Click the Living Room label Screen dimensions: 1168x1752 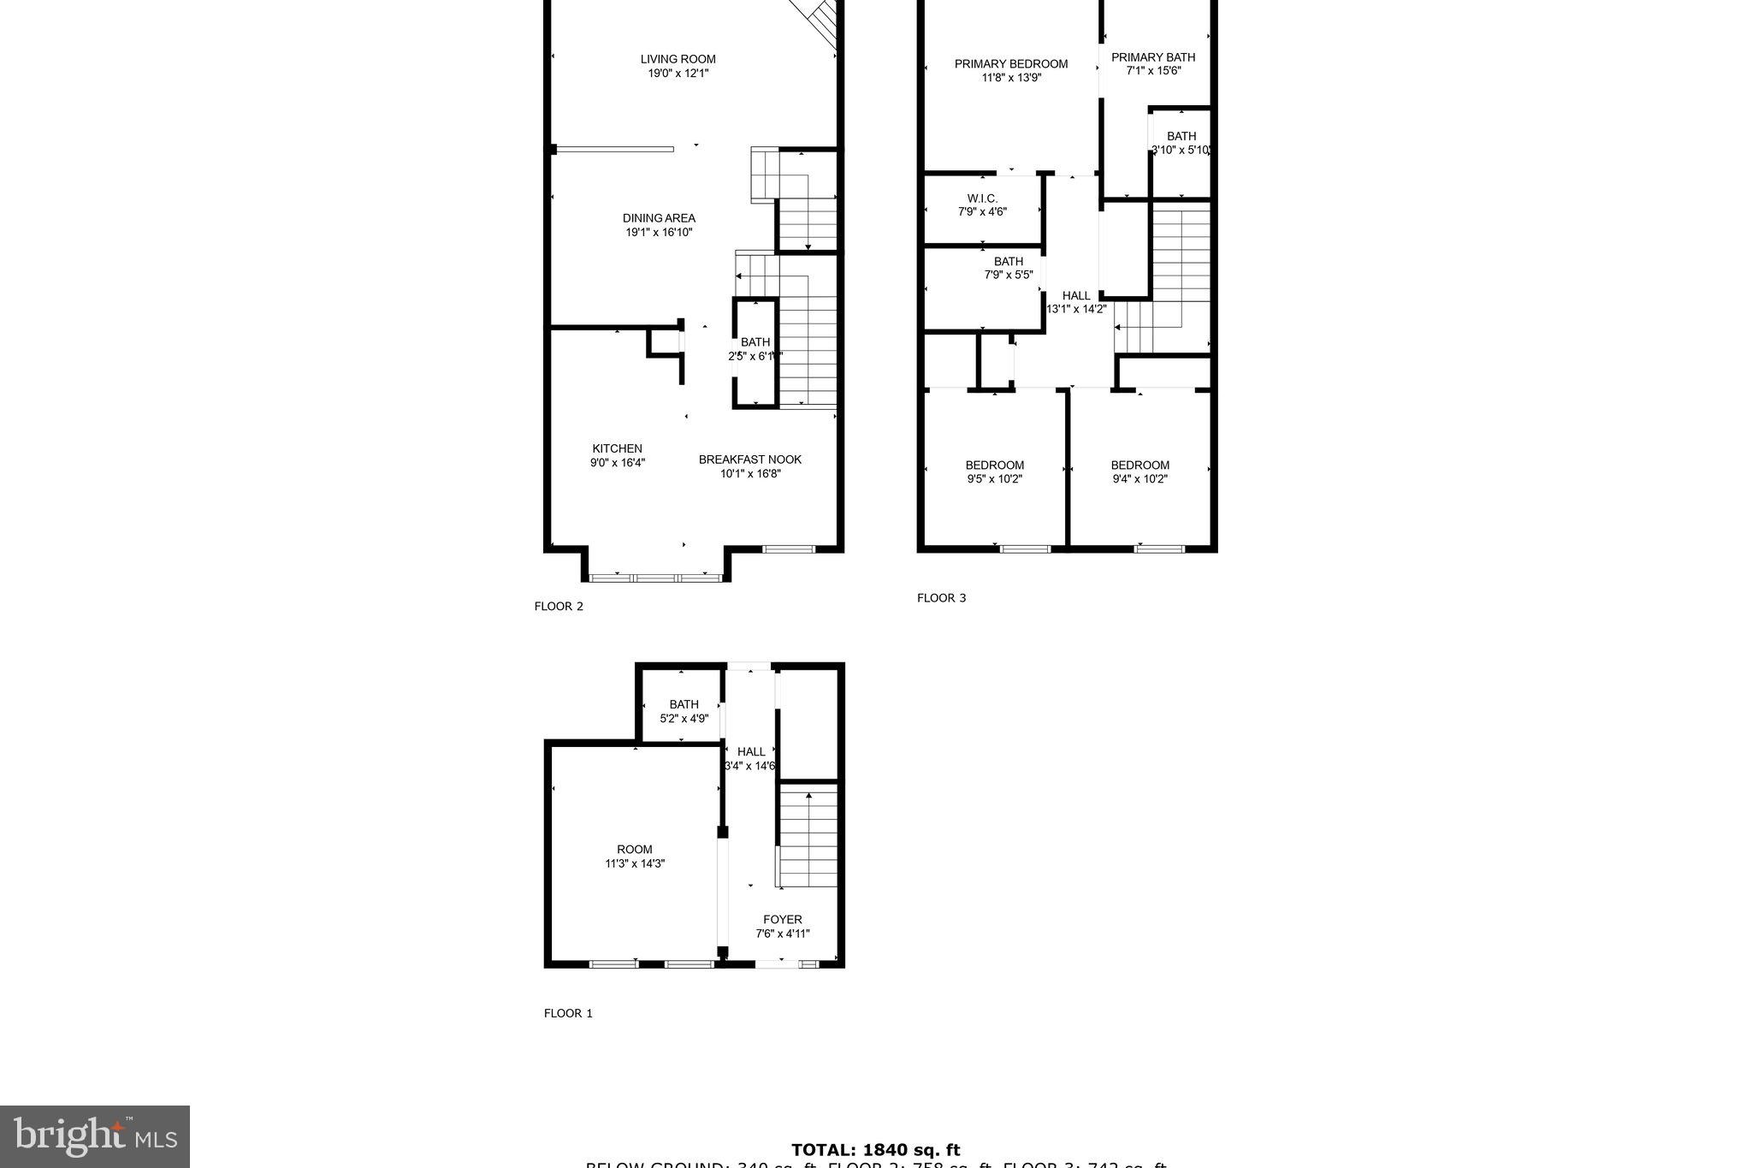tap(678, 59)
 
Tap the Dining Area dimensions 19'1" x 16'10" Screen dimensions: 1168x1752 tap(658, 232)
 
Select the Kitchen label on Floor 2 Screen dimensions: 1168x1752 tap(617, 448)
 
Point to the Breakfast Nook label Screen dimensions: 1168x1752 tap(749, 459)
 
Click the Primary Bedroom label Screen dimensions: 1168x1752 tap(1010, 63)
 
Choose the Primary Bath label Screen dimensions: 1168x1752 tap(1152, 57)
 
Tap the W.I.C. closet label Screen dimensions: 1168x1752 tap(982, 199)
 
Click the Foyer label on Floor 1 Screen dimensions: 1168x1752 tap(782, 920)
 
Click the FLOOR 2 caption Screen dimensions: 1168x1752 tap(559, 607)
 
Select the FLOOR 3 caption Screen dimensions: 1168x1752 tap(941, 598)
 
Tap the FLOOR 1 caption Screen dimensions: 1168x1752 tap(568, 1013)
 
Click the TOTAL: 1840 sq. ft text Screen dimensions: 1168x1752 tap(875, 1150)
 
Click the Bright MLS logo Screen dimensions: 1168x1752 tap(94, 1136)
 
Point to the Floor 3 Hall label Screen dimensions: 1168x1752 tap(1076, 296)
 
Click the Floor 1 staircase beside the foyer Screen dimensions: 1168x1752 tap(808, 839)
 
